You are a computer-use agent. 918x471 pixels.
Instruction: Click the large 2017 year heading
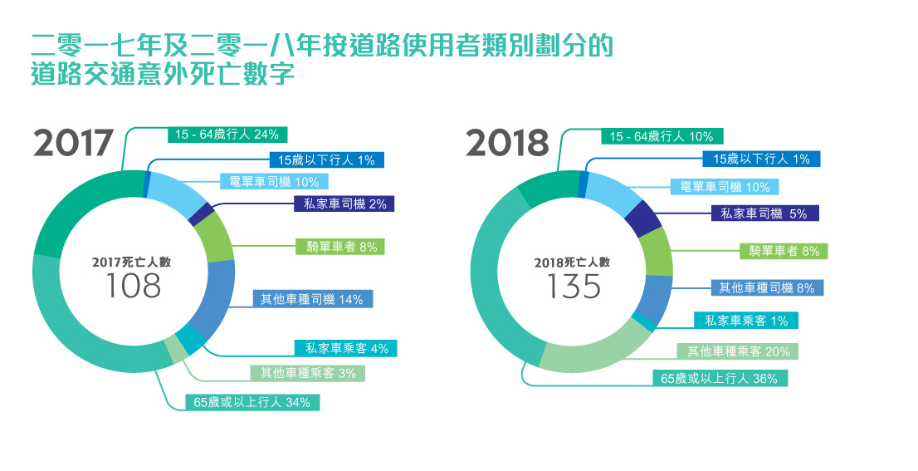pyautogui.click(x=73, y=143)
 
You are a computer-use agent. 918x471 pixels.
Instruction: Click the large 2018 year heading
pyautogui.click(x=507, y=143)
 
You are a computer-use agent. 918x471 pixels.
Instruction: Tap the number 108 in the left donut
pyautogui.click(x=134, y=287)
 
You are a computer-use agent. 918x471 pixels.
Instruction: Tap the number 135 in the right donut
pyautogui.click(x=574, y=287)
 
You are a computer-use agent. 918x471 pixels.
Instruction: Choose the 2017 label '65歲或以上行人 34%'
pyautogui.click(x=251, y=403)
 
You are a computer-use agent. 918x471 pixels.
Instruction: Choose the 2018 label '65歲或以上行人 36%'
pyautogui.click(x=719, y=378)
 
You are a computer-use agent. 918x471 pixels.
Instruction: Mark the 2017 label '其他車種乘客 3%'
pyautogui.click(x=308, y=373)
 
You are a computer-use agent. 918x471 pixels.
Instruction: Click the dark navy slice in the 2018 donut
pyautogui.click(x=642, y=218)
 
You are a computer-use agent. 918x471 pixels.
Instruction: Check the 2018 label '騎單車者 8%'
pyautogui.click(x=784, y=251)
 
